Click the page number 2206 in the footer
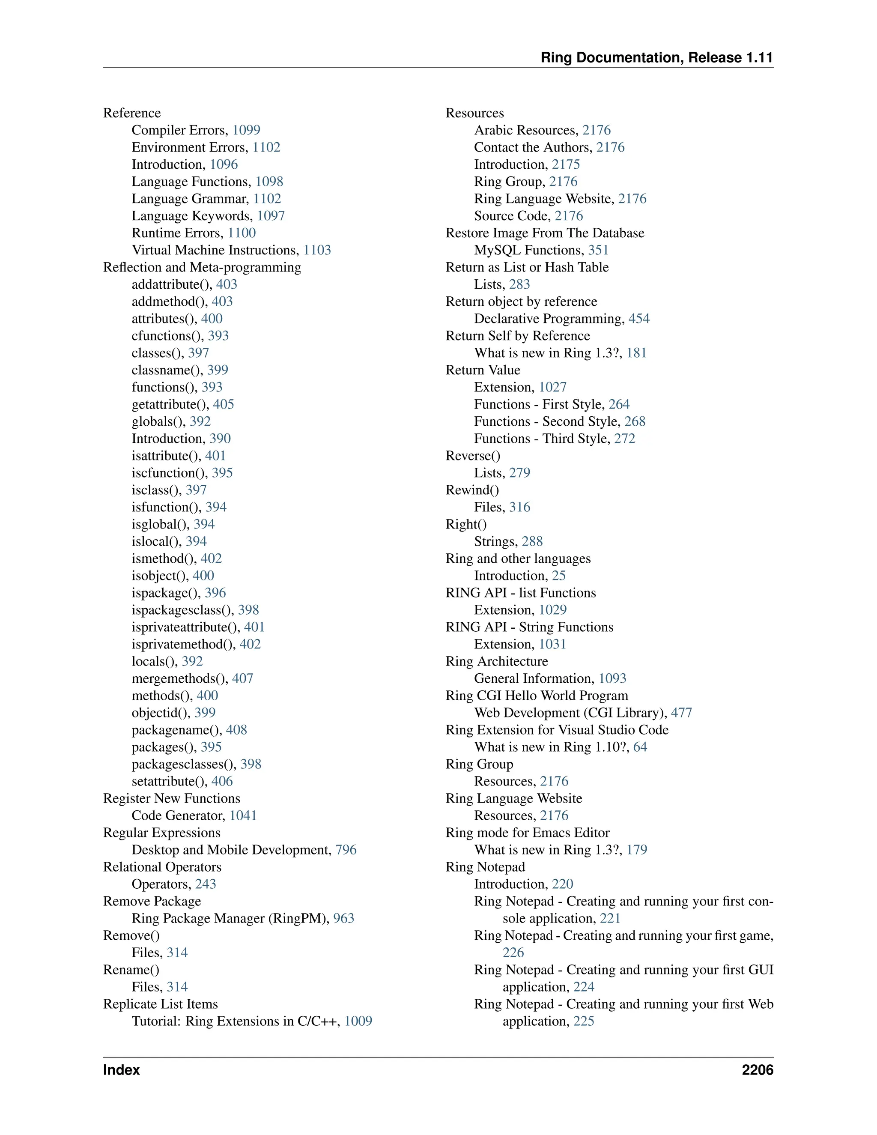coord(757,1069)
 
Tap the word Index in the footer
coord(122,1069)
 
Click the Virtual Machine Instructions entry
coord(215,250)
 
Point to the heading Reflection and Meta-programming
coord(202,267)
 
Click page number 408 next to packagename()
coord(236,730)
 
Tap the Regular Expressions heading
coord(161,833)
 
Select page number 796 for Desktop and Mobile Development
coord(346,850)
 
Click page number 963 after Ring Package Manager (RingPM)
coord(343,918)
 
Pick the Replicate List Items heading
coord(161,1004)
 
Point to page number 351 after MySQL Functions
coord(598,250)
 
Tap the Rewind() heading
coord(472,490)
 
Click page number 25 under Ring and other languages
coord(558,575)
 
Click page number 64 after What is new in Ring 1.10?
coord(640,747)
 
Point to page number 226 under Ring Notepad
coord(513,953)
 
